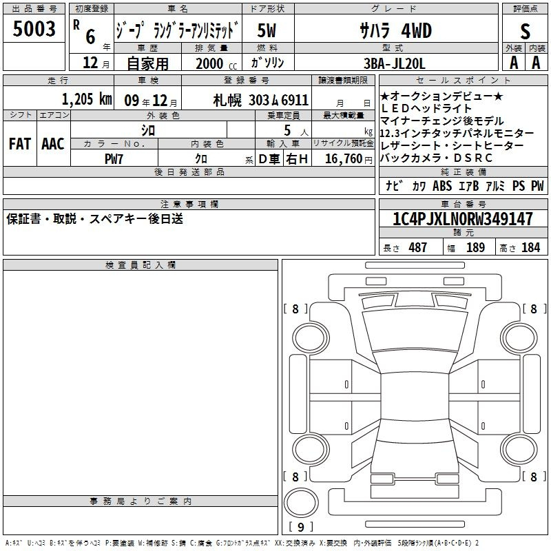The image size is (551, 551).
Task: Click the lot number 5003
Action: tap(34, 29)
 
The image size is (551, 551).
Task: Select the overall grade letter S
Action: tap(525, 31)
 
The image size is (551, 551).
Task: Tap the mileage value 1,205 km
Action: tap(87, 99)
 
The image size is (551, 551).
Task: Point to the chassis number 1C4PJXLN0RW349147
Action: tap(463, 219)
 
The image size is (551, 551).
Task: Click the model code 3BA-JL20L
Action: tap(394, 63)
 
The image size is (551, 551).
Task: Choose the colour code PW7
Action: tap(114, 159)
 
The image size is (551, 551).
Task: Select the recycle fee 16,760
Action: tap(344, 158)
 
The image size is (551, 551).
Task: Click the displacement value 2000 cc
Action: tap(216, 63)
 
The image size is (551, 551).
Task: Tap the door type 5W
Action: tap(267, 30)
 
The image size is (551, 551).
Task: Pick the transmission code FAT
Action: tap(20, 144)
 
